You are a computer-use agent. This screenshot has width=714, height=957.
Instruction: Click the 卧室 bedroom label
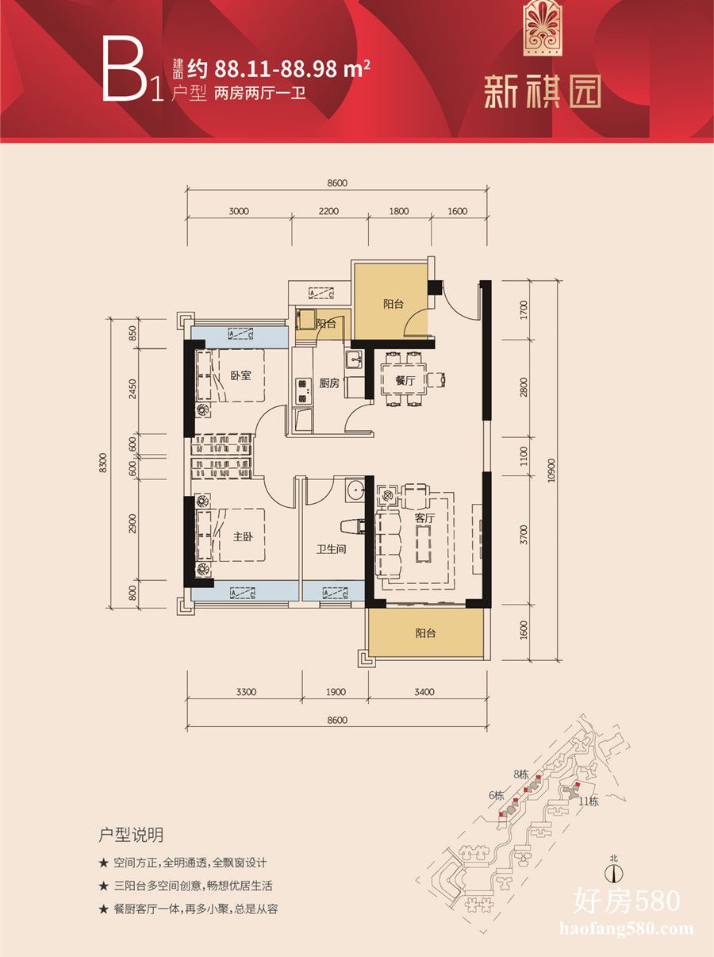(x=240, y=375)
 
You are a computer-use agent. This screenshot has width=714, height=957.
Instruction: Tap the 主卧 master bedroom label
(x=243, y=536)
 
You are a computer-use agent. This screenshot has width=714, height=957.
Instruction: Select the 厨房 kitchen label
(x=329, y=383)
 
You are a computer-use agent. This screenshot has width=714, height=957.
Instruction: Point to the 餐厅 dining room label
(x=405, y=381)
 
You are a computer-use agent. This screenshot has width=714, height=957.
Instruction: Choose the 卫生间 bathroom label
(x=332, y=549)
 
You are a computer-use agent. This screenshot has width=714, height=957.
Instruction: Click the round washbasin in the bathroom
(x=356, y=490)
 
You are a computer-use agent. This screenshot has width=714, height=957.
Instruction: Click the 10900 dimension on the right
(x=552, y=470)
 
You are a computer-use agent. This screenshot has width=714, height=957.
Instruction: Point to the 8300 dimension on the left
(x=103, y=463)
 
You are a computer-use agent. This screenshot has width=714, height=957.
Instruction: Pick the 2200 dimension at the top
(x=328, y=211)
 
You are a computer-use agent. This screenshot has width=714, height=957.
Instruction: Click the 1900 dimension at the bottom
(x=336, y=691)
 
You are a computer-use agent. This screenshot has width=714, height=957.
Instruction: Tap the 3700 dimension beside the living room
(x=524, y=535)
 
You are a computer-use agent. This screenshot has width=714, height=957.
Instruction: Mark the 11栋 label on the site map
(x=589, y=801)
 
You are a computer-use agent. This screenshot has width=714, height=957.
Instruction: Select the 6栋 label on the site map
(x=496, y=795)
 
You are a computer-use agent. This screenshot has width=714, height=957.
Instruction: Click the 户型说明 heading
(x=131, y=836)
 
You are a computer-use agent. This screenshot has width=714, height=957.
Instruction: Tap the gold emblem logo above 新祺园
(x=543, y=28)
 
